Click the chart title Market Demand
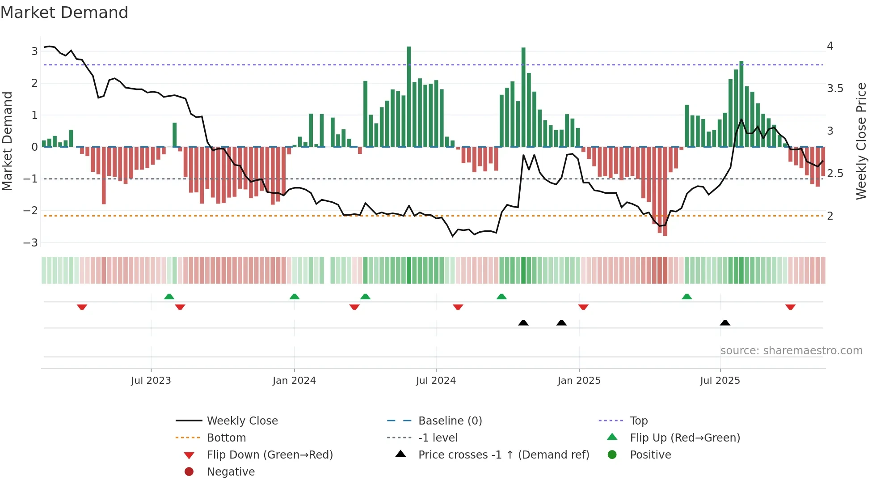[x=64, y=13]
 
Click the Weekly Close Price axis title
[x=861, y=141]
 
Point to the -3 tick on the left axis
[x=31, y=243]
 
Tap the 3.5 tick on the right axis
[x=834, y=89]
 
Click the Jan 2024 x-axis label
[x=294, y=381]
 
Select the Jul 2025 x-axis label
[x=720, y=381]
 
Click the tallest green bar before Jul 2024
[x=409, y=96]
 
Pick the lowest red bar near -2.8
[x=665, y=191]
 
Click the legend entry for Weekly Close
[x=242, y=421]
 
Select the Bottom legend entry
[x=226, y=438]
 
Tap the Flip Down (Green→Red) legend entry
[x=270, y=455]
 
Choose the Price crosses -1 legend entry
[x=504, y=455]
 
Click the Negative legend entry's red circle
[x=189, y=472]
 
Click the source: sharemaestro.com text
[x=791, y=351]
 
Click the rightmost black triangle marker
[x=725, y=323]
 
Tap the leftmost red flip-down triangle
[x=82, y=307]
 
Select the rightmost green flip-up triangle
[x=687, y=297]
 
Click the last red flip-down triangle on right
[x=790, y=307]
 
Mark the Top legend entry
[x=639, y=421]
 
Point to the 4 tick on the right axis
[x=830, y=46]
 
